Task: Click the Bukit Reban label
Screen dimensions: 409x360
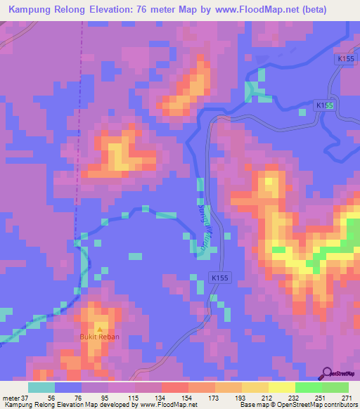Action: point(99,337)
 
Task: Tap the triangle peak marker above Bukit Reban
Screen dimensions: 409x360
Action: point(99,329)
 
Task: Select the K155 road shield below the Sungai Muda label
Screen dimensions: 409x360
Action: point(219,278)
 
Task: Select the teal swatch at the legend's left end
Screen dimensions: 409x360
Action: point(41,387)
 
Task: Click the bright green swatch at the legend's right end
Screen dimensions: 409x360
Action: point(335,387)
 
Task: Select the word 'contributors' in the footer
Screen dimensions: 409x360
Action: point(337,404)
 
